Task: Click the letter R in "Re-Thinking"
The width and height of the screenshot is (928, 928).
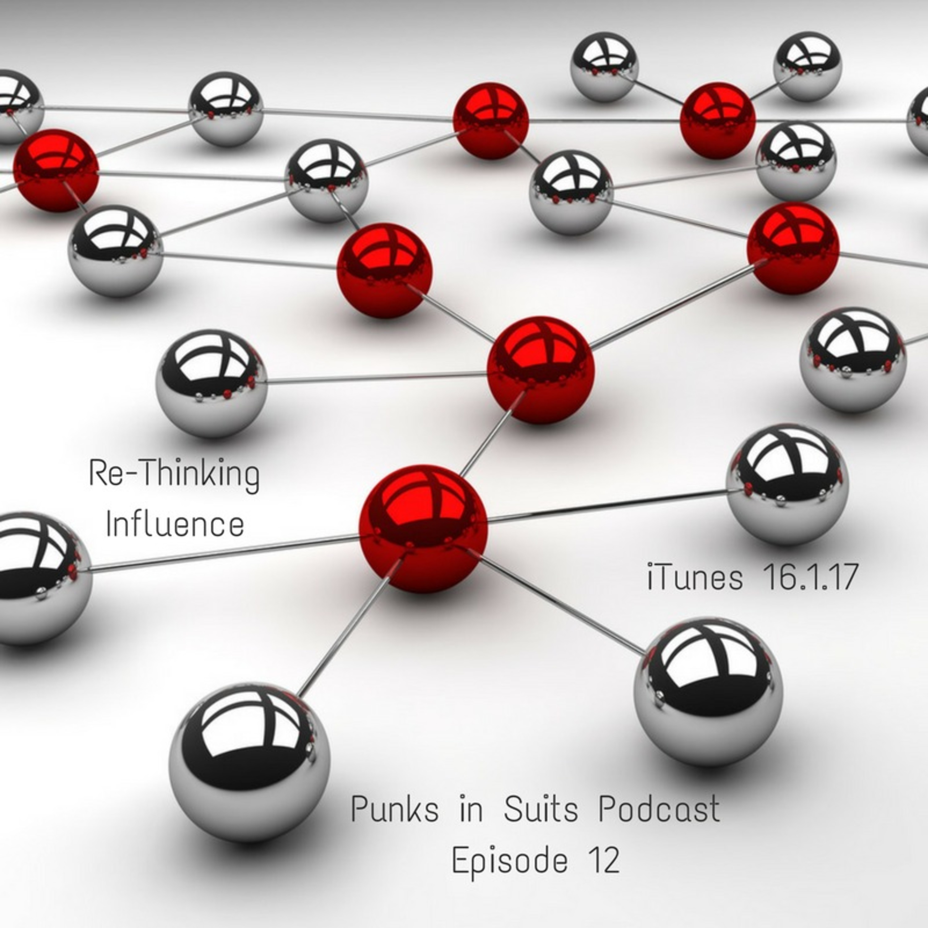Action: pos(97,474)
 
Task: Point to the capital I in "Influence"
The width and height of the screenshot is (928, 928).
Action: pos(109,525)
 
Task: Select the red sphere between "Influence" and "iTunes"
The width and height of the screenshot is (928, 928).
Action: pos(423,528)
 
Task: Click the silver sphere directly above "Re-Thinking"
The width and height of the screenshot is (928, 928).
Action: pos(211,383)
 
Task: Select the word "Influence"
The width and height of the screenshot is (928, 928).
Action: pos(175,525)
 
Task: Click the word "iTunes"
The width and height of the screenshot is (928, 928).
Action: pos(694,577)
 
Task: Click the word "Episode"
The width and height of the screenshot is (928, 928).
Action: pos(510,862)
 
